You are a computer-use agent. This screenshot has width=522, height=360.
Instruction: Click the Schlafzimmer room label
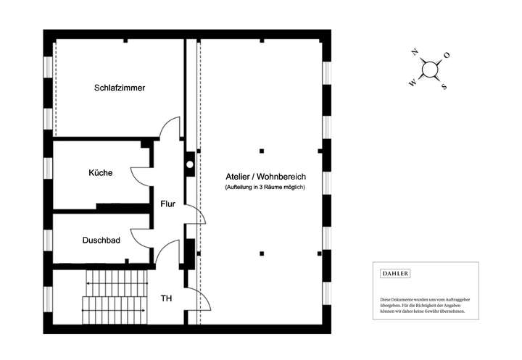click(120, 88)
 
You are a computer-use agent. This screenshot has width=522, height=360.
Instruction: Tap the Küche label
click(100, 173)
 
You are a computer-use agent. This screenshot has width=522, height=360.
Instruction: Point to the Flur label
click(168, 204)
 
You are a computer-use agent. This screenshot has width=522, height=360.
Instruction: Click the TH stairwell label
click(166, 298)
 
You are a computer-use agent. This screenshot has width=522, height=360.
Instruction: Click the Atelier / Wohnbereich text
click(266, 177)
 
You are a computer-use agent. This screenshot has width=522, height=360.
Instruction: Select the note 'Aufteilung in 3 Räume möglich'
click(266, 188)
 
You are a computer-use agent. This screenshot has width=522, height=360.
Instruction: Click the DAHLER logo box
click(395, 273)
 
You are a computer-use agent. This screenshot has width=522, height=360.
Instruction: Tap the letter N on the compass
click(414, 52)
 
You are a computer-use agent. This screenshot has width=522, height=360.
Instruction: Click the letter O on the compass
click(447, 55)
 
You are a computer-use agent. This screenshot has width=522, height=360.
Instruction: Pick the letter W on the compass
click(412, 83)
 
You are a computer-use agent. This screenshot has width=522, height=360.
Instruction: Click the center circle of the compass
click(429, 69)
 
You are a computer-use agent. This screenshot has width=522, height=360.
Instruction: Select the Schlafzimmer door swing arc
click(170, 127)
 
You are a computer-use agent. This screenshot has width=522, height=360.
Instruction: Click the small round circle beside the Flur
click(190, 164)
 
